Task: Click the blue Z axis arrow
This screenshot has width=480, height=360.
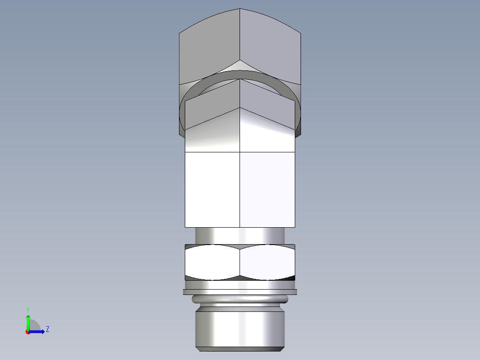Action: [38, 331]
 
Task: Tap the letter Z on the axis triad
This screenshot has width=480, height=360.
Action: [47, 329]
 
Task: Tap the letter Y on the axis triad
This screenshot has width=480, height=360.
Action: [28, 309]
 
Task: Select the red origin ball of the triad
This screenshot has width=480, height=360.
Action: [28, 332]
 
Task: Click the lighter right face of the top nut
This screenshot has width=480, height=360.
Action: [272, 49]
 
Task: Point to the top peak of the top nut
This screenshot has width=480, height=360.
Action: [240, 9]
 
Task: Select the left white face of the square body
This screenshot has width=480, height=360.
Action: [212, 189]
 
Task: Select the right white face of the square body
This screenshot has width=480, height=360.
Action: [267, 189]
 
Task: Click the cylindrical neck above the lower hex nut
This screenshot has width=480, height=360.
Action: [240, 235]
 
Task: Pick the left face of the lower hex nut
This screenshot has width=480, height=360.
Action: [212, 262]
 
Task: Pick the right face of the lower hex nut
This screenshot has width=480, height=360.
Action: [267, 262]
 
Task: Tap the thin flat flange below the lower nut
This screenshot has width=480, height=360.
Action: [240, 292]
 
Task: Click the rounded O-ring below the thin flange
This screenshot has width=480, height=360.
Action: [240, 299]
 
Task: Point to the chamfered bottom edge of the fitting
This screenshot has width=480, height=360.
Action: [240, 348]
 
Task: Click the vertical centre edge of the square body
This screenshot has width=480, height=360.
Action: [240, 189]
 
